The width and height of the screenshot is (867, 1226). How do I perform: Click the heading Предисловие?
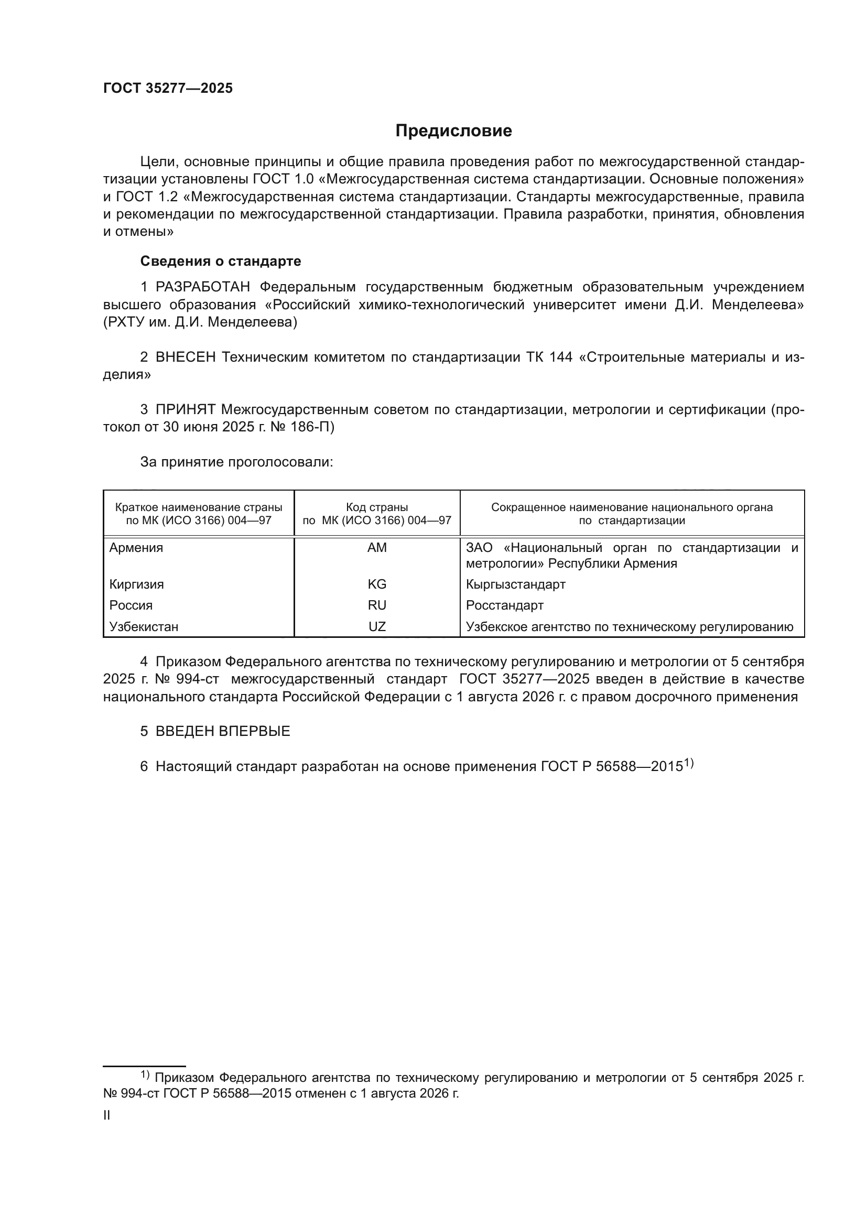(x=453, y=131)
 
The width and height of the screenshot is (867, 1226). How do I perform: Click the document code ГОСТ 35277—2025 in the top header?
(x=168, y=88)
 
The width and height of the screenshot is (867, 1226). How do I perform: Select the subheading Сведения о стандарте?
(x=221, y=261)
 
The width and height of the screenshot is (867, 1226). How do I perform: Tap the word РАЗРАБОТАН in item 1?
(x=203, y=287)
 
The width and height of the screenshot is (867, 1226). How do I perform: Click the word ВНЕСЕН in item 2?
(x=185, y=357)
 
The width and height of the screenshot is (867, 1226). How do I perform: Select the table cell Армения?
(x=136, y=548)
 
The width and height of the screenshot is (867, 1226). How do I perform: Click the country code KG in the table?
(x=377, y=584)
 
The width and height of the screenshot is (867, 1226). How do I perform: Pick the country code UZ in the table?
(x=377, y=627)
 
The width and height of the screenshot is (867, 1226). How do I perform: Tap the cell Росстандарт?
(x=504, y=605)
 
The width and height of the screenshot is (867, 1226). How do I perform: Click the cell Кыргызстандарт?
(x=515, y=584)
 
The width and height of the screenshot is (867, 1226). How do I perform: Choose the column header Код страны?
(x=377, y=507)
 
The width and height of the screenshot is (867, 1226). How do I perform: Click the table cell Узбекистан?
(x=144, y=627)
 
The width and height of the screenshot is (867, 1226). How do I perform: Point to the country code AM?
(x=377, y=548)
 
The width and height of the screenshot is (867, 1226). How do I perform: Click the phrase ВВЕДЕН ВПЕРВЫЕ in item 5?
(x=223, y=732)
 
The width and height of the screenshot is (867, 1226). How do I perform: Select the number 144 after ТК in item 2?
(x=560, y=357)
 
